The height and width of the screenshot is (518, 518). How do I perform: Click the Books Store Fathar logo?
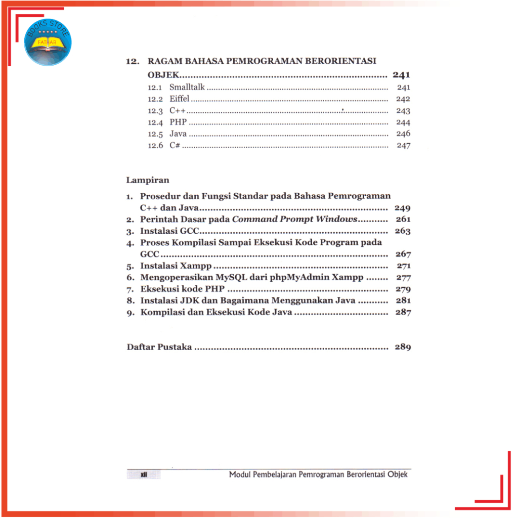click(x=48, y=41)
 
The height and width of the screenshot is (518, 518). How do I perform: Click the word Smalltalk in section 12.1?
click(x=187, y=88)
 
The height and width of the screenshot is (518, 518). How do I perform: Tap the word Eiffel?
click(x=179, y=99)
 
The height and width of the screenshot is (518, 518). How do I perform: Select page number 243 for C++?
click(x=403, y=111)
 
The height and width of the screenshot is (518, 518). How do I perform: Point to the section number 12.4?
click(x=155, y=122)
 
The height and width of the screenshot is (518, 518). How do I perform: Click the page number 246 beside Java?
click(x=403, y=134)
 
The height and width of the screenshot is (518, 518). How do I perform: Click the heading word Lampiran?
click(x=148, y=180)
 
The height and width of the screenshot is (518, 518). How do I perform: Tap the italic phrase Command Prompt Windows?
click(x=294, y=220)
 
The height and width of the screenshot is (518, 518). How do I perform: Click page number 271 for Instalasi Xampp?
click(x=404, y=266)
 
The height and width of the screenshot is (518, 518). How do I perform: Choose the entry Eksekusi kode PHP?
click(x=183, y=289)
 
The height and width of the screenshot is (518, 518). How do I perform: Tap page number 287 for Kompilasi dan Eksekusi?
click(x=404, y=313)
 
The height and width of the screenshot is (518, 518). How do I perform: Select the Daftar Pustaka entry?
click(x=159, y=348)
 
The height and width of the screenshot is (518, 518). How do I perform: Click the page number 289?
click(x=403, y=348)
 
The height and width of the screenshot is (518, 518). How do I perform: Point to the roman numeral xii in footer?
click(x=144, y=474)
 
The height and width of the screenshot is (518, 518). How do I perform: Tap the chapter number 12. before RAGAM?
click(x=133, y=62)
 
